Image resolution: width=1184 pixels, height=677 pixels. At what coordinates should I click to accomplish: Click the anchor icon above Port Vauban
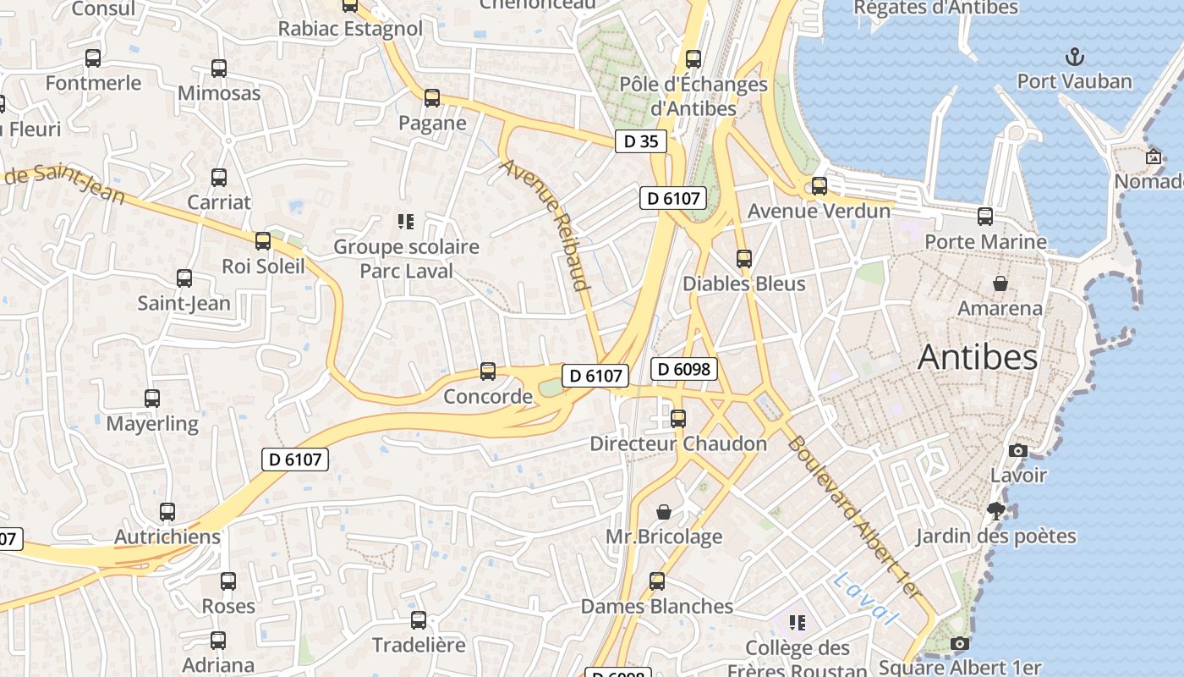coord(1074,58)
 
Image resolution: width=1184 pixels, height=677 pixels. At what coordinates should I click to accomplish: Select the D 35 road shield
coord(640,141)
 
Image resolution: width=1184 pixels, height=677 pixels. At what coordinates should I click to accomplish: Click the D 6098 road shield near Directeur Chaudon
coord(684,369)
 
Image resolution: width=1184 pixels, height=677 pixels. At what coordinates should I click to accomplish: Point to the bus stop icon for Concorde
coord(488,371)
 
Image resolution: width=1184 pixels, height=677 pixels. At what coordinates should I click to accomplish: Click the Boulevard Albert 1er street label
coord(852,518)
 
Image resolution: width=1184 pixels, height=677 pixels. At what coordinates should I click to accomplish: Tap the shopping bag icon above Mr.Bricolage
coord(664,512)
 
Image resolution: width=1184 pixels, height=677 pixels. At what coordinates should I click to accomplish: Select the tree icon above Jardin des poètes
coord(996,510)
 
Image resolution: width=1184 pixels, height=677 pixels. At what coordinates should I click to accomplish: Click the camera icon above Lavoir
coord(1018,450)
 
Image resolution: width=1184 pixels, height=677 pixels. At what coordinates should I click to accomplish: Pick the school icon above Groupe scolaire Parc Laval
coord(406,222)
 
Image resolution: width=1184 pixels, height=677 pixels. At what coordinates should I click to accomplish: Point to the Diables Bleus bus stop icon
coord(743,258)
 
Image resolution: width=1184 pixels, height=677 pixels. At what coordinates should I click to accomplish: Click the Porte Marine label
coord(985,242)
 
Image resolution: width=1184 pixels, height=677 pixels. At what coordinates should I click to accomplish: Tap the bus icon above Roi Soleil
coord(263,241)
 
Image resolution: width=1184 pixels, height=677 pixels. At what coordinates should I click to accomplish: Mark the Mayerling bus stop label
coord(152,423)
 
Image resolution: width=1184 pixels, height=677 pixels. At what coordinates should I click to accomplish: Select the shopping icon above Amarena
coord(1000,283)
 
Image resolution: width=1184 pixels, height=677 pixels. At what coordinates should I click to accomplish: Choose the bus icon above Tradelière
coord(419,620)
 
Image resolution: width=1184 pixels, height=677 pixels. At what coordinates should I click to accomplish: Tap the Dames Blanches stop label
coord(657,607)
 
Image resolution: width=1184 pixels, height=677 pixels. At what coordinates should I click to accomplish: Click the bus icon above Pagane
coord(432,98)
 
